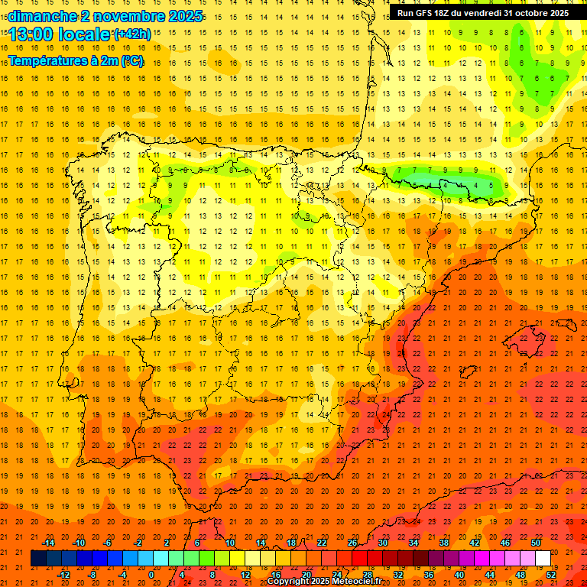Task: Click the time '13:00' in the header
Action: (31, 34)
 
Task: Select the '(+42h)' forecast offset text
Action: (132, 34)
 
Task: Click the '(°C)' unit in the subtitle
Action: (131, 60)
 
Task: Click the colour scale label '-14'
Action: (48, 543)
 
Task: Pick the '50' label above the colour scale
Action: (536, 543)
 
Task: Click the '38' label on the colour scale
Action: (444, 543)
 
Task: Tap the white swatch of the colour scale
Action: (543, 559)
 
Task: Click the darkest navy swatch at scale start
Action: (38, 559)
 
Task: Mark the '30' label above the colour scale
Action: (383, 543)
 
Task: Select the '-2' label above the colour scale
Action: (138, 543)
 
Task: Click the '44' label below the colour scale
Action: (490, 574)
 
